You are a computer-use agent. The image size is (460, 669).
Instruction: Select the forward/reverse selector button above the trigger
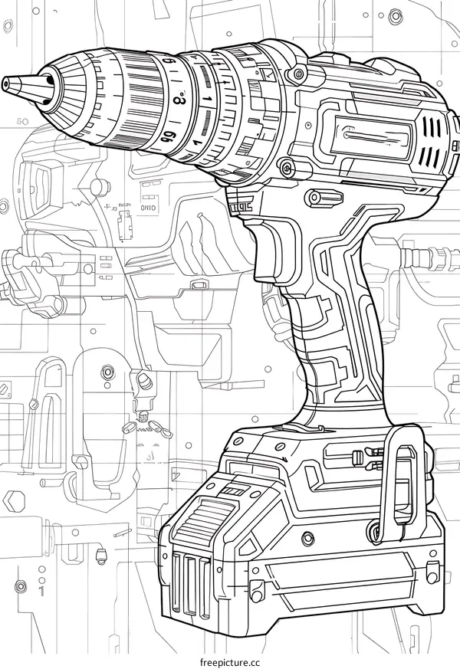(324, 198)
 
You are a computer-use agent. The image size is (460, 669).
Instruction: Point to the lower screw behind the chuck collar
(285, 166)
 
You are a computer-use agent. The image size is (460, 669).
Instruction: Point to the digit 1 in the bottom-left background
(41, 592)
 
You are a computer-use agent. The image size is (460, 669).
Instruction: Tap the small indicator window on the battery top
(234, 488)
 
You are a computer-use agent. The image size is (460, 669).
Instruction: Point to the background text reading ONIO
(147, 207)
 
